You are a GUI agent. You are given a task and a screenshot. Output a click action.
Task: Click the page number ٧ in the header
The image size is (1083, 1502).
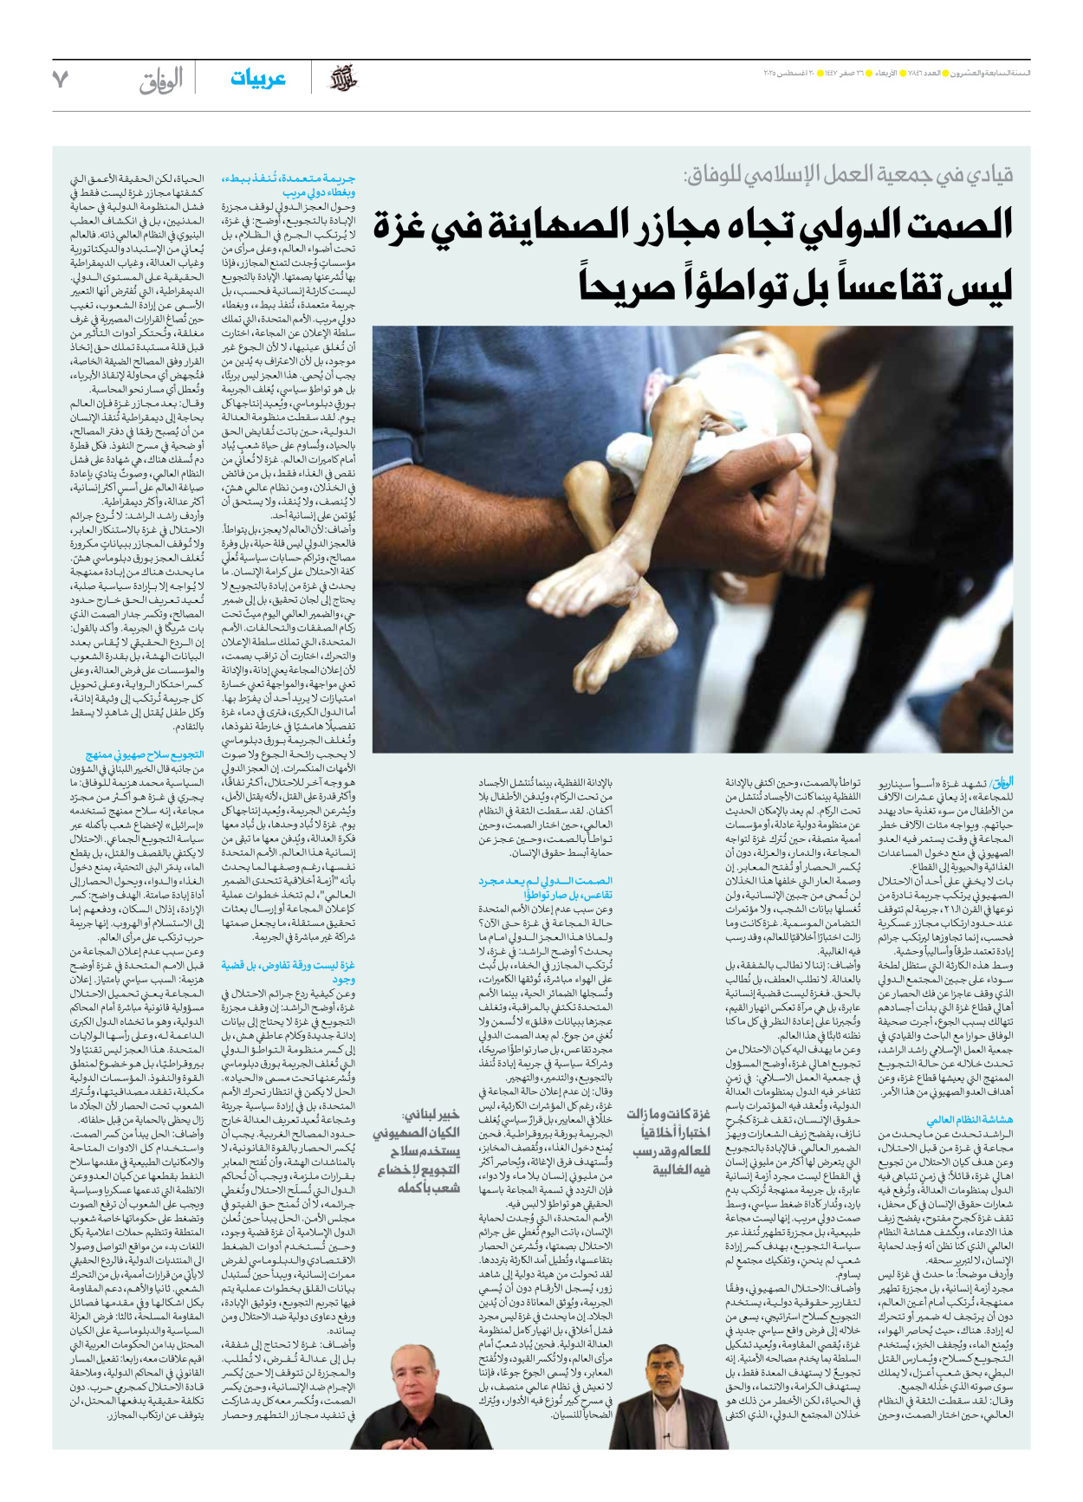[x=60, y=80]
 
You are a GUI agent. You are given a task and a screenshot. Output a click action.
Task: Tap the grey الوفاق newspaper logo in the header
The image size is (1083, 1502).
[x=161, y=80]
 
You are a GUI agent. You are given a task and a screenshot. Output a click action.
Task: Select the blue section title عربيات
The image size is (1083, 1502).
[x=257, y=79]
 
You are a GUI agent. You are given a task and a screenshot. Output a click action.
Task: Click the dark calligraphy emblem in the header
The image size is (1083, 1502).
[x=343, y=79]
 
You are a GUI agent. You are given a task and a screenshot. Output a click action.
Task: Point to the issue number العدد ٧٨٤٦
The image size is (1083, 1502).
[x=931, y=73]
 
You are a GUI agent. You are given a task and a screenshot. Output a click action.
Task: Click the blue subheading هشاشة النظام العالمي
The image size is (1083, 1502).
[x=970, y=1119]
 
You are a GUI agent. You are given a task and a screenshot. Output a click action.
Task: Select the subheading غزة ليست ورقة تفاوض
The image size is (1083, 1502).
[x=289, y=971]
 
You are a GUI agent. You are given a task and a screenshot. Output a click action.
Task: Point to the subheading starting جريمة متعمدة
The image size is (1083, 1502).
[x=289, y=185]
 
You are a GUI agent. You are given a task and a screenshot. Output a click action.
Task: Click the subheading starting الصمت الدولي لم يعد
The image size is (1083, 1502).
[x=546, y=888]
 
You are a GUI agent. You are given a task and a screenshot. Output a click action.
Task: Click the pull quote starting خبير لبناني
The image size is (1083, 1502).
[x=418, y=1150]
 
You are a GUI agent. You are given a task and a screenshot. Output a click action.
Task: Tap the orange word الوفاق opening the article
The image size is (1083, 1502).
[x=1002, y=781]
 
